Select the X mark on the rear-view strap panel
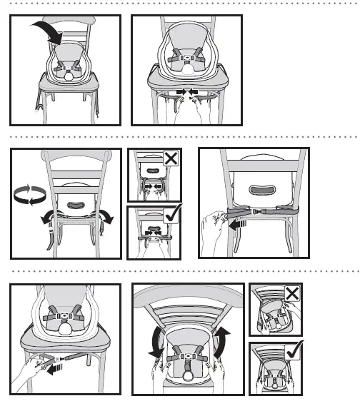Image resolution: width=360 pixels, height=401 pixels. (171, 158)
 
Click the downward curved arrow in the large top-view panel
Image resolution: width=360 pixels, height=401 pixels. (154, 341)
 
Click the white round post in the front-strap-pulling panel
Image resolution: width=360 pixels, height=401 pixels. (66, 332)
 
